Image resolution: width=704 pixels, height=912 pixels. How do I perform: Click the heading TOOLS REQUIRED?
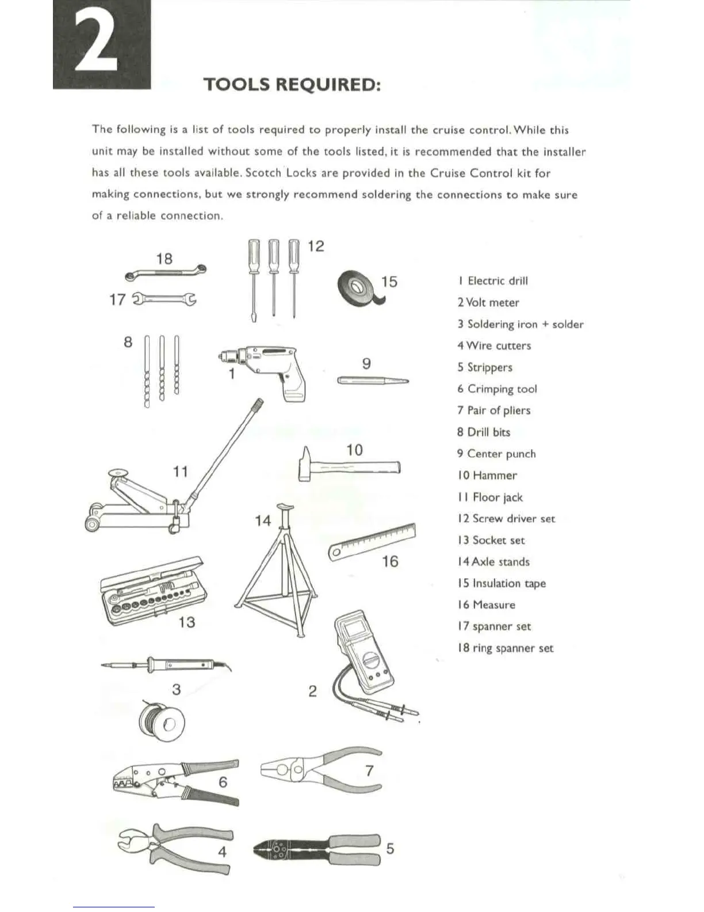point(292,85)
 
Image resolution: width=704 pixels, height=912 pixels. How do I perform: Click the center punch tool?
point(373,380)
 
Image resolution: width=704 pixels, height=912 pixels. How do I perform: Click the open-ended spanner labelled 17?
point(164,299)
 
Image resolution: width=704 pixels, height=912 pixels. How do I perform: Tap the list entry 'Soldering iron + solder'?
point(521,324)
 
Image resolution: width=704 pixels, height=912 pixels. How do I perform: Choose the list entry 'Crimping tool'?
point(498,389)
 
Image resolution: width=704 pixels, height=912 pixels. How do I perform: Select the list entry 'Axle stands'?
point(493,562)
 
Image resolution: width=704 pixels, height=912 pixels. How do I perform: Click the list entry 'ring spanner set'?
point(506,648)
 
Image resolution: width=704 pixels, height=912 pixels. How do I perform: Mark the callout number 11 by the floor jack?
point(181,472)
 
